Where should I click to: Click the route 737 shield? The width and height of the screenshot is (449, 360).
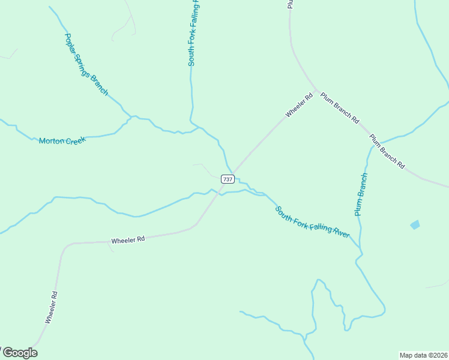(228, 179)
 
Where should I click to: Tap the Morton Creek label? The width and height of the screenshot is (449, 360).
(62, 141)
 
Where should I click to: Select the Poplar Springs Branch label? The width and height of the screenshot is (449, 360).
(86, 64)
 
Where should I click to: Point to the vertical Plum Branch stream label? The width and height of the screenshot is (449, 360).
(360, 194)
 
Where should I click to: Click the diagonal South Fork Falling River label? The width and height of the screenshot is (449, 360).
(312, 223)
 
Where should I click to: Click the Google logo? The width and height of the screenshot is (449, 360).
(20, 353)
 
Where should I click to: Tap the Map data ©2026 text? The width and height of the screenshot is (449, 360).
(423, 355)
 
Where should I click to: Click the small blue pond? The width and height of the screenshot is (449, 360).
(415, 224)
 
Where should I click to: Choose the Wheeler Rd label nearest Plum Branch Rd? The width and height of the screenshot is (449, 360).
(299, 105)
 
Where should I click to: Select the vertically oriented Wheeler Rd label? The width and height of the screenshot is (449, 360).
(51, 307)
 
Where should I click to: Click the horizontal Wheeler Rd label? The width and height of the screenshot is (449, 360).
(128, 239)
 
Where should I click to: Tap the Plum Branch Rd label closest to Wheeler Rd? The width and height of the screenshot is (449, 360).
(339, 108)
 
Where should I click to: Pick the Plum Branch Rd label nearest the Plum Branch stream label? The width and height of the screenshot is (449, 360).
(387, 151)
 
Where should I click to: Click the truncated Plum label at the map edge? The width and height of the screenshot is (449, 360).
(289, 4)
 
